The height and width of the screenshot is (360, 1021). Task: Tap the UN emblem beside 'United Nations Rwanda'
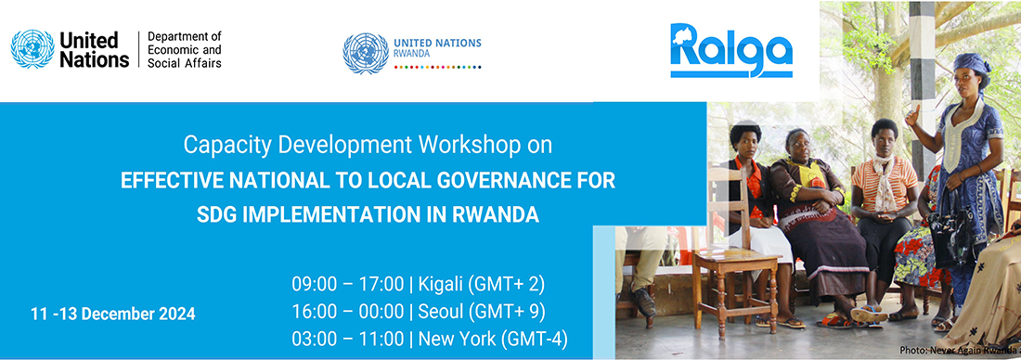366,54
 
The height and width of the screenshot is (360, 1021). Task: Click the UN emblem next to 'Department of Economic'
32,49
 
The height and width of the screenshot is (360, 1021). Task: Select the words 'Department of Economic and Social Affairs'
185,49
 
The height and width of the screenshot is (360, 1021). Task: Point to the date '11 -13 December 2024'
112,314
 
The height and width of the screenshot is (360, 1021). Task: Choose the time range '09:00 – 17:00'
347,284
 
